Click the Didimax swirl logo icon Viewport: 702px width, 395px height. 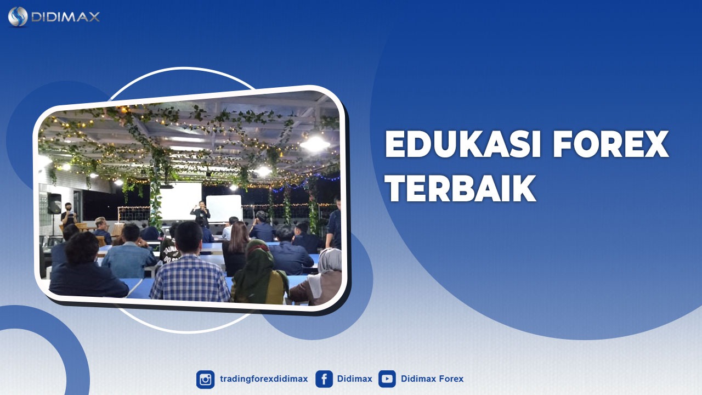click(x=18, y=16)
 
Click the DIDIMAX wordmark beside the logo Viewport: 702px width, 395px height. click(x=65, y=17)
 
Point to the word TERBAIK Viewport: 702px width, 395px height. click(x=460, y=189)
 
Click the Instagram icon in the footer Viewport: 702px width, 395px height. click(x=206, y=379)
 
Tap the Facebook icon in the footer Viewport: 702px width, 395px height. click(x=324, y=379)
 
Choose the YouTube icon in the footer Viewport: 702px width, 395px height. click(x=387, y=379)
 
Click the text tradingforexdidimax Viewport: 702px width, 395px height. click(x=264, y=379)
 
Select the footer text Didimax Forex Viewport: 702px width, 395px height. click(x=432, y=379)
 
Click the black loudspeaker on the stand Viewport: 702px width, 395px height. click(x=54, y=204)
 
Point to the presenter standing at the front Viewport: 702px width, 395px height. click(x=200, y=213)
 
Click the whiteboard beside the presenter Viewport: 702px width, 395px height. click(x=224, y=208)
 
